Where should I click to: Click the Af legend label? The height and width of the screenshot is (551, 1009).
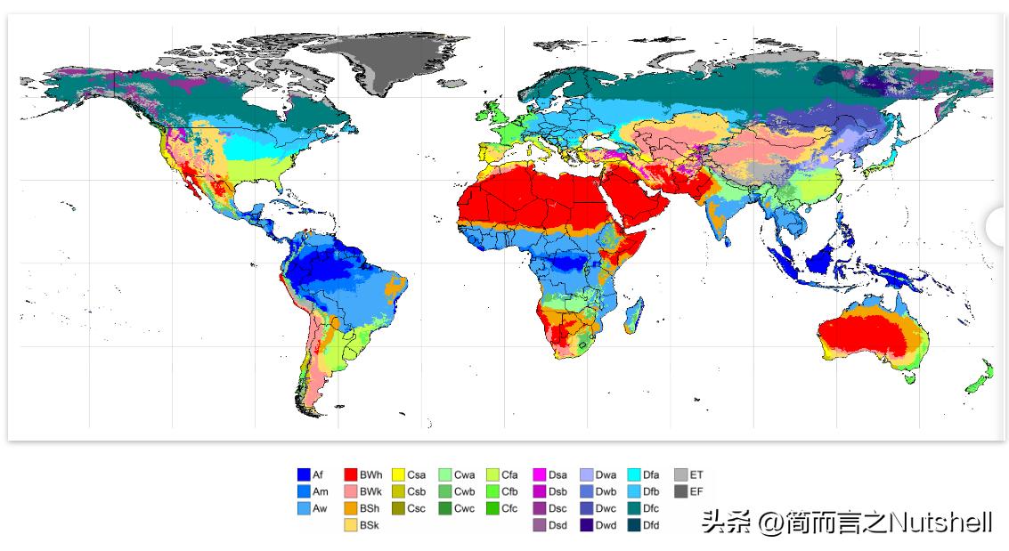(x=318, y=474)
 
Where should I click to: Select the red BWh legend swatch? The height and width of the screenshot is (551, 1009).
(x=351, y=474)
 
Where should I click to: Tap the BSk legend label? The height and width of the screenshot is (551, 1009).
(x=370, y=525)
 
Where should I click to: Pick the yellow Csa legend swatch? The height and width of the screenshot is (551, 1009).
(x=398, y=474)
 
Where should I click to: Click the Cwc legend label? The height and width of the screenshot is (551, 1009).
(x=464, y=508)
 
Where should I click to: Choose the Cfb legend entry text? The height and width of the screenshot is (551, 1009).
(x=509, y=491)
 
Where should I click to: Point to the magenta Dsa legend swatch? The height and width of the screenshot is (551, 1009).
(x=540, y=474)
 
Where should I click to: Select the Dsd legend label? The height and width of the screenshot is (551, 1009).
(x=558, y=525)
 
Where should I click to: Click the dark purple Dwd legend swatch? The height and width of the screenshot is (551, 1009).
(x=587, y=525)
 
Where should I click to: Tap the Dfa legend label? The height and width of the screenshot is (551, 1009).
(x=651, y=474)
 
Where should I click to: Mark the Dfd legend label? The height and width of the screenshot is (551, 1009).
(x=651, y=525)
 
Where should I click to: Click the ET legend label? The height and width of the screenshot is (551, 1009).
(x=696, y=474)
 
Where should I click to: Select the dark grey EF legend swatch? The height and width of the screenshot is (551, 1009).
(x=680, y=491)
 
